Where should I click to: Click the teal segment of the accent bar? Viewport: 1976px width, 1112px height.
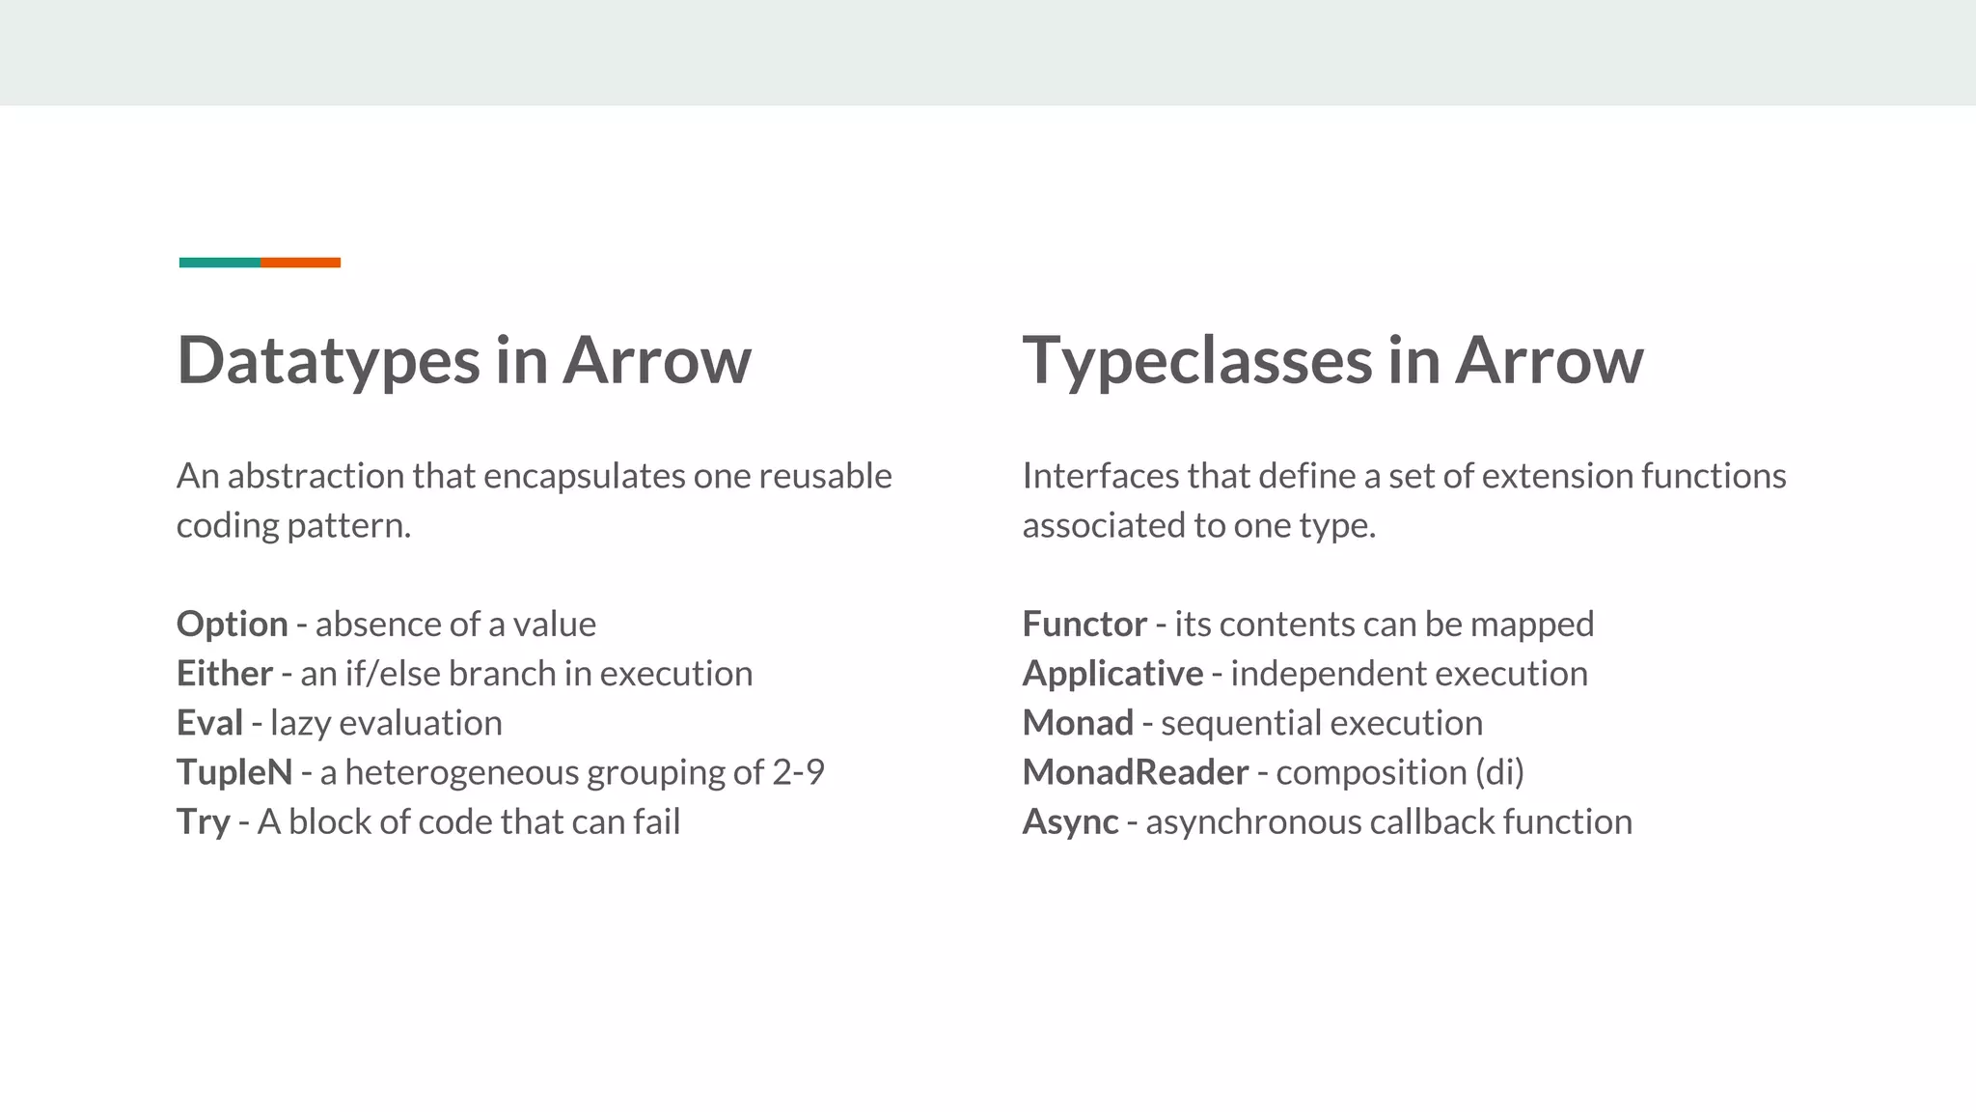(219, 263)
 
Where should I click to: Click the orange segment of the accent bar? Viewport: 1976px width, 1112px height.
(300, 263)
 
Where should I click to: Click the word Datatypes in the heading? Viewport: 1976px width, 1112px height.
(328, 361)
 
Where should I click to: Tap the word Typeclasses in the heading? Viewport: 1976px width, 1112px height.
(1196, 361)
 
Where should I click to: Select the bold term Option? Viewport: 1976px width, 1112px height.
(233, 625)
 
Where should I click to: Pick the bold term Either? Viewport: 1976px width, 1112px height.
(225, 674)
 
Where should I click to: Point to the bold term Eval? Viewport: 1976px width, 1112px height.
(209, 723)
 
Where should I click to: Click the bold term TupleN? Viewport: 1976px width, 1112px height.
(234, 772)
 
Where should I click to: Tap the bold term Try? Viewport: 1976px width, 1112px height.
(204, 822)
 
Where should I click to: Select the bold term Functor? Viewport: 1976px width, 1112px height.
(1084, 625)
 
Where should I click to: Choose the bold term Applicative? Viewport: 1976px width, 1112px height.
(1112, 674)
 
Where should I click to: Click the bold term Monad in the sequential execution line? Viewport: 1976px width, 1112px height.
(1078, 723)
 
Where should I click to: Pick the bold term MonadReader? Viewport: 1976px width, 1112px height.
(1136, 772)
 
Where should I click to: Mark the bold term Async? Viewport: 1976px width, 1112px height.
(1070, 822)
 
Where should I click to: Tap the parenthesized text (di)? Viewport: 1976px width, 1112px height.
(1499, 772)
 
